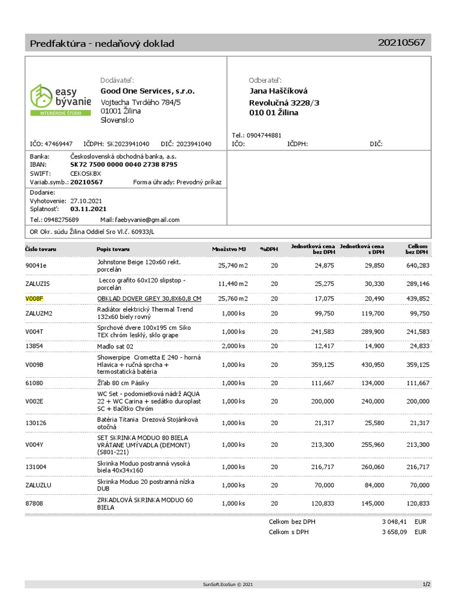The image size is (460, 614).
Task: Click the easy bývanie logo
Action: [x=60, y=99]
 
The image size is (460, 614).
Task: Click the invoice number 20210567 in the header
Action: [x=401, y=42]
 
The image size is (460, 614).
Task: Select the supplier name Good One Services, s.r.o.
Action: [x=147, y=91]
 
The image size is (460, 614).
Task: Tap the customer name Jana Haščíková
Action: [x=278, y=91]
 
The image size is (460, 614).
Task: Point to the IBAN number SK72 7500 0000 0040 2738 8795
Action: [x=123, y=164]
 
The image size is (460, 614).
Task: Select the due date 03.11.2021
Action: [x=88, y=209]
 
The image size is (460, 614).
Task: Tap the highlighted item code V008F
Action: [x=35, y=298]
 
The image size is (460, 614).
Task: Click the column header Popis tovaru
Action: [x=113, y=249]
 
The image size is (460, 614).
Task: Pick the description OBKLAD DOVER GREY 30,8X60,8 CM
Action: [x=149, y=298]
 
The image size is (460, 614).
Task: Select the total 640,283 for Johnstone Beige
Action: [x=417, y=265]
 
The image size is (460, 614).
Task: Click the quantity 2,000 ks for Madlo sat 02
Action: [x=234, y=346]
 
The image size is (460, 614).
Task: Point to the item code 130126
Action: [x=36, y=423]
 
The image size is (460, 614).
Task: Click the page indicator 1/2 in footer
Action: [x=426, y=584]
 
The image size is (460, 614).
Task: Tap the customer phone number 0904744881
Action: [x=264, y=136]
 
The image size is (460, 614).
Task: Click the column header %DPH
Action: [x=269, y=249]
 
